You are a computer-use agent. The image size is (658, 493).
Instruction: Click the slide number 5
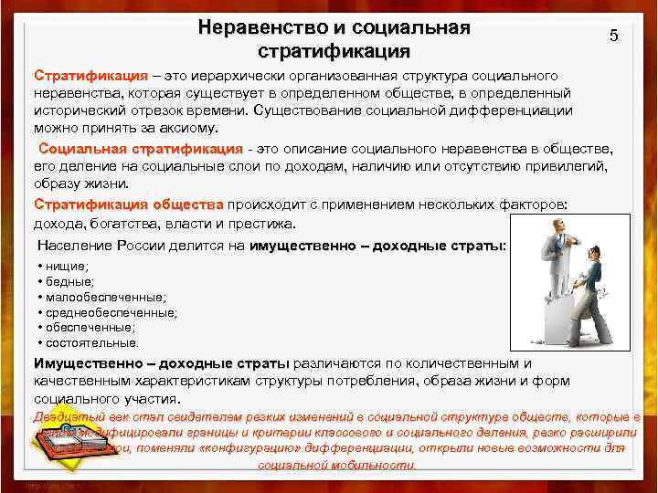click(x=613, y=36)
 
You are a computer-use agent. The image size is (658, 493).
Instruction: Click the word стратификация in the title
click(x=334, y=49)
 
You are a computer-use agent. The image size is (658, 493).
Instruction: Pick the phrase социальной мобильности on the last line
click(x=337, y=465)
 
